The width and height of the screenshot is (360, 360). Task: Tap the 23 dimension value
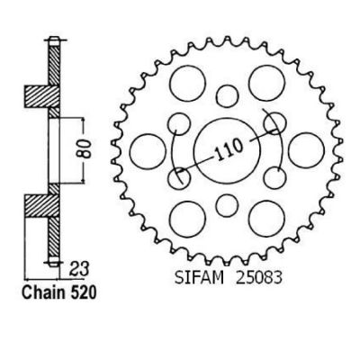(x=79, y=269)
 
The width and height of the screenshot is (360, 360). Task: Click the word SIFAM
(x=199, y=277)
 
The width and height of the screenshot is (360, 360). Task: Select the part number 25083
(x=259, y=277)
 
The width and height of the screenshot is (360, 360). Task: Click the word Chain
(x=44, y=292)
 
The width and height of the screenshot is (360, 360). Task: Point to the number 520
(x=83, y=292)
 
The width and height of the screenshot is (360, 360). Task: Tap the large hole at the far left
(x=148, y=150)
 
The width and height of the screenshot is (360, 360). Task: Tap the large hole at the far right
(x=306, y=149)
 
